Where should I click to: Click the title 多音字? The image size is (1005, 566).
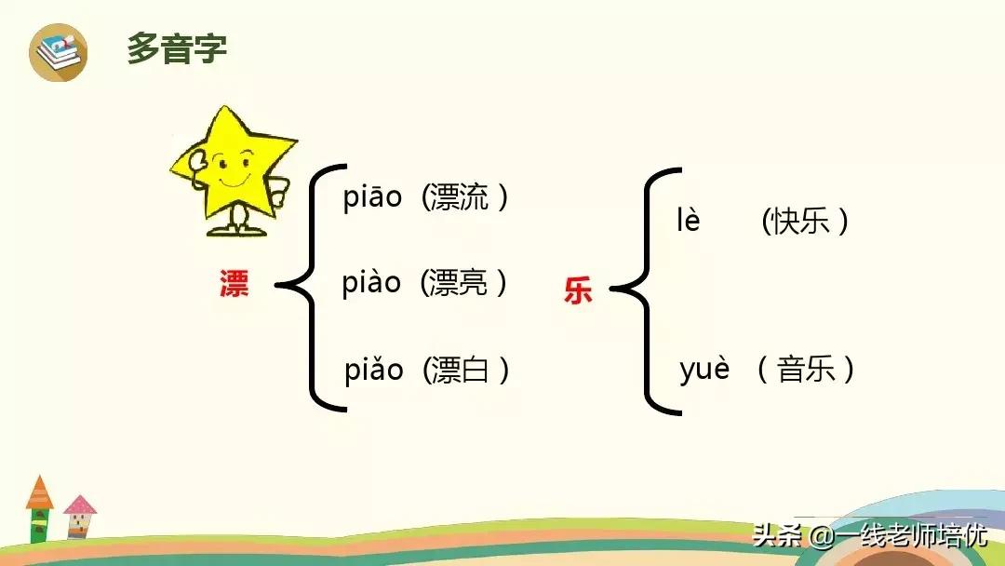coord(177,48)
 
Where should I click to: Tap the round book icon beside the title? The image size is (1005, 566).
coord(59,52)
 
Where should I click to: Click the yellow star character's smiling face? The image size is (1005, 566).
coord(232,168)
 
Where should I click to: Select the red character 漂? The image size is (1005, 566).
coord(234,283)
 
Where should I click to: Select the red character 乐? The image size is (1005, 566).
coord(578,290)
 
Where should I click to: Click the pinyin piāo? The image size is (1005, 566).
coord(372,197)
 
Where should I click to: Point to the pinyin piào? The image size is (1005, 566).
coord(371,283)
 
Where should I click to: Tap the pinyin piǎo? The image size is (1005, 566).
coord(374,370)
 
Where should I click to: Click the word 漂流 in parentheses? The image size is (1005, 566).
coord(458,196)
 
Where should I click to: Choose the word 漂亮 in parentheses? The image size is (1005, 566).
coord(457,283)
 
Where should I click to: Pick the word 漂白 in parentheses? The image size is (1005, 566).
coord(459,370)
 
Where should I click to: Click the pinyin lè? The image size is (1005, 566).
coord(689,220)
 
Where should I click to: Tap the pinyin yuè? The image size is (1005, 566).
coord(704,370)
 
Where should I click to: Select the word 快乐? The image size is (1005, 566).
coord(800,222)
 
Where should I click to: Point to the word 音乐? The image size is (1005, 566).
coord(806,370)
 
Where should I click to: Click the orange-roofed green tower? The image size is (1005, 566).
coord(39,509)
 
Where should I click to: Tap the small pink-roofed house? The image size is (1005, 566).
coord(79,517)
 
